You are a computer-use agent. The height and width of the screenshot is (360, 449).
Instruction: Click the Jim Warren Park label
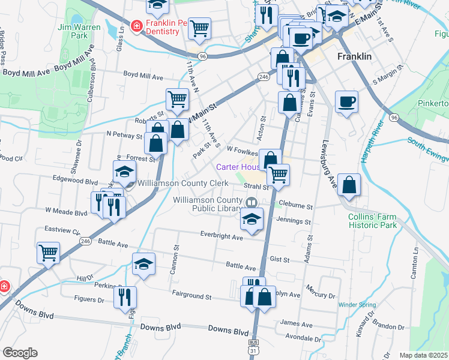click(x=77, y=32)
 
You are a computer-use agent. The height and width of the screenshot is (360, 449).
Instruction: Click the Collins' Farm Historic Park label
click(x=372, y=221)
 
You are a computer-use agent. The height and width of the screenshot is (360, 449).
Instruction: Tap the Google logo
click(x=20, y=353)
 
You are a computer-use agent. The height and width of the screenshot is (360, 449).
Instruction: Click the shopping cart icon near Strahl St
click(x=278, y=175)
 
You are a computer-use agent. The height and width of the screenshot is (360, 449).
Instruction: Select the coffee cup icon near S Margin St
click(x=346, y=101)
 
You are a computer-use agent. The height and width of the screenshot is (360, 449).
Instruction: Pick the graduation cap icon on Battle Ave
click(x=144, y=264)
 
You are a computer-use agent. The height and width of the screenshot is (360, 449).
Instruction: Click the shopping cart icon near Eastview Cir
click(x=48, y=252)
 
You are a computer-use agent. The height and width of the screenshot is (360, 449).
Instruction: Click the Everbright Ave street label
click(x=221, y=238)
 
